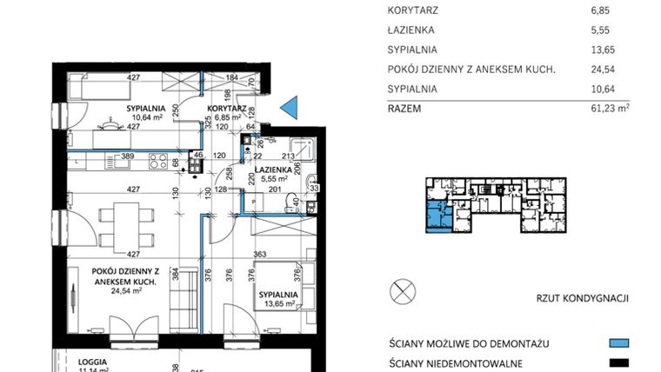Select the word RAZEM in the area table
tap(405, 109)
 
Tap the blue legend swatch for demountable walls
tap(618, 343)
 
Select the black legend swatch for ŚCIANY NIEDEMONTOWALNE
tap(618, 363)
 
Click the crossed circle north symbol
tap(403, 291)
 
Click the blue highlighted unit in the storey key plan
tap(432, 214)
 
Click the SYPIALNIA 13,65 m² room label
tap(278, 300)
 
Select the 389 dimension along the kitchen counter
tap(127, 156)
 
